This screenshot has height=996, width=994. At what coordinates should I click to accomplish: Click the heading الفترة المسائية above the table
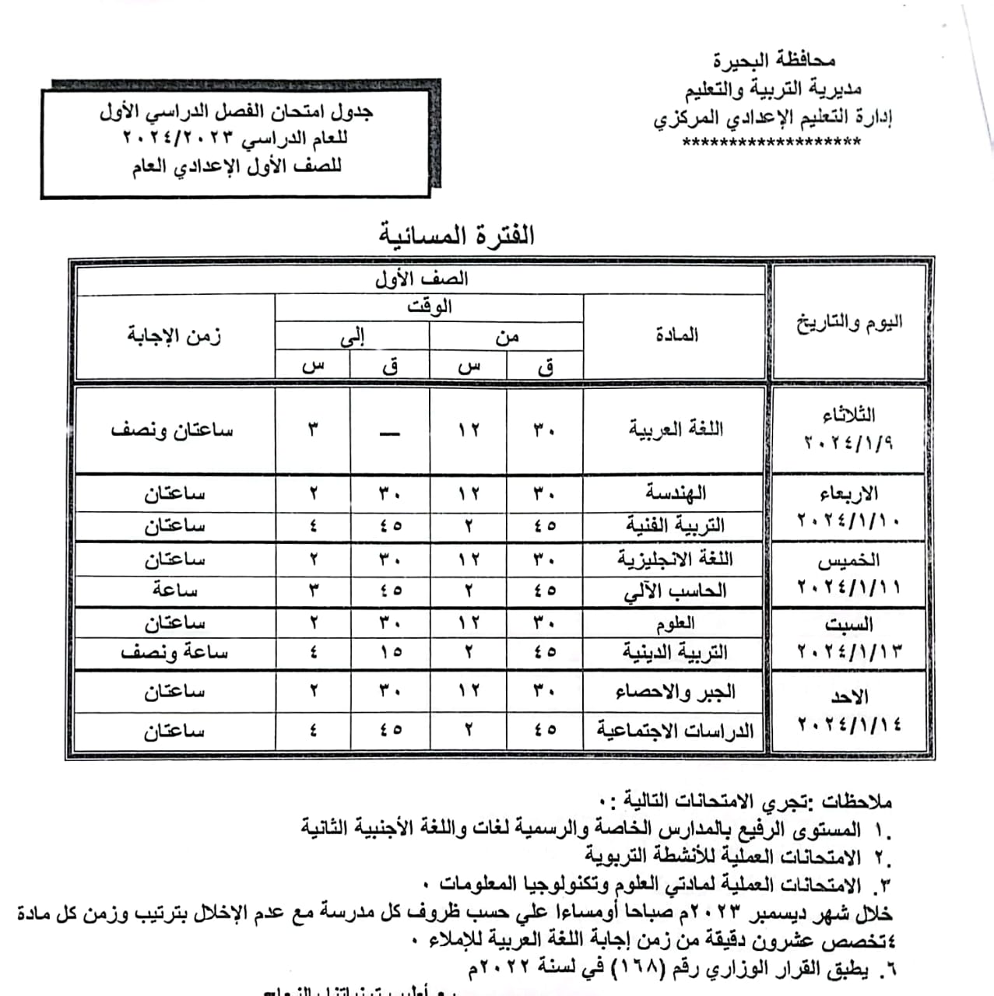[x=457, y=235]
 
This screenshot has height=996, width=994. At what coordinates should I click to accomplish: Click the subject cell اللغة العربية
[x=676, y=429]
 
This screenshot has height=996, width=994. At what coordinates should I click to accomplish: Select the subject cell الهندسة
[x=675, y=493]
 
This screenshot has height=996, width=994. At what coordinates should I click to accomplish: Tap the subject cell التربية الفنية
[x=675, y=526]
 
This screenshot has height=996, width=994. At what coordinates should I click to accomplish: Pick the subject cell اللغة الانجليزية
[x=675, y=559]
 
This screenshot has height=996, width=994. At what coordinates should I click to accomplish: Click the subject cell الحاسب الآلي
[x=675, y=591]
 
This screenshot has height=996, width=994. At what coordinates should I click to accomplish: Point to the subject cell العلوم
[x=675, y=623]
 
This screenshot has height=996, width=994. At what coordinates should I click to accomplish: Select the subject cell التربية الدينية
[x=675, y=653]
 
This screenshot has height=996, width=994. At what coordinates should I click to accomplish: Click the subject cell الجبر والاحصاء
[x=675, y=691]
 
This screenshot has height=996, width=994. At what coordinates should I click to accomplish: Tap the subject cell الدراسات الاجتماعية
[x=675, y=731]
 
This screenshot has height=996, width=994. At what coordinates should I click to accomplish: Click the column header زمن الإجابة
[x=174, y=335]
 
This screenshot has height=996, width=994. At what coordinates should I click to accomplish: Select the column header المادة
[x=676, y=335]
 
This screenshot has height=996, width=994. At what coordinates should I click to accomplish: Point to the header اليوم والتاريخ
[x=848, y=321]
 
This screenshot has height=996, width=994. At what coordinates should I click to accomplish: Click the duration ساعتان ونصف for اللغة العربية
[x=172, y=430]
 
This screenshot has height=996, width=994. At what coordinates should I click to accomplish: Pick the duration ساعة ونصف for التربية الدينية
[x=174, y=653]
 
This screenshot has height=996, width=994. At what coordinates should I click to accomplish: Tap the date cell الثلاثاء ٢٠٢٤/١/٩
[x=848, y=429]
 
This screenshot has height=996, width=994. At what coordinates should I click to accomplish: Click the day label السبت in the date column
[x=849, y=625]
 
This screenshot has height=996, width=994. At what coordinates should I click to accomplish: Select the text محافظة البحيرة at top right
[x=774, y=60]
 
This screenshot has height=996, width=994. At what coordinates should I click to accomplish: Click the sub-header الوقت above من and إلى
[x=429, y=307]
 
